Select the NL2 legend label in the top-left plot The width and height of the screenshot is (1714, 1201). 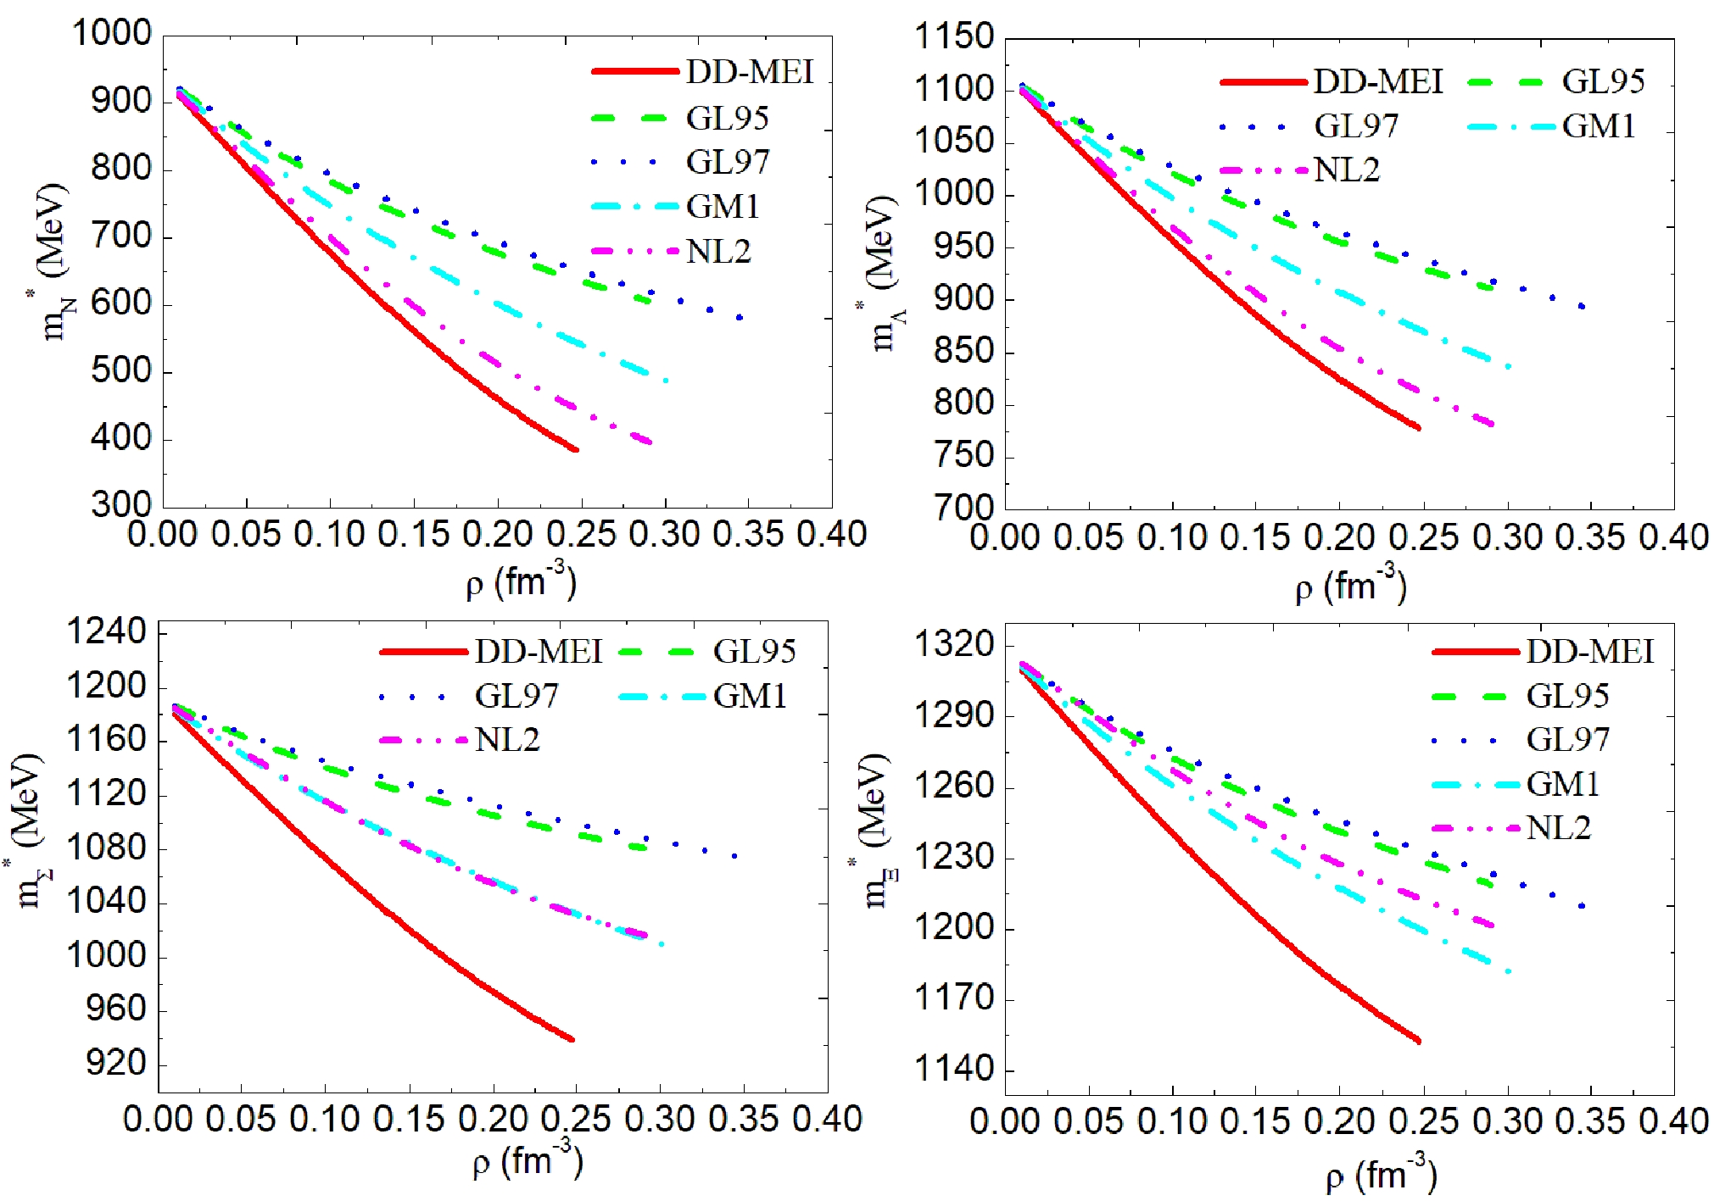click(x=718, y=251)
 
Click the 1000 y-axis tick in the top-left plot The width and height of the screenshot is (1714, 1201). click(x=111, y=34)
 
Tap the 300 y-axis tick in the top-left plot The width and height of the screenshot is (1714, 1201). click(x=120, y=505)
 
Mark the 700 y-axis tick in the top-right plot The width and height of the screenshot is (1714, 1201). click(x=963, y=509)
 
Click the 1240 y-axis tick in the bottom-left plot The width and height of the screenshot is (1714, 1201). click(x=107, y=632)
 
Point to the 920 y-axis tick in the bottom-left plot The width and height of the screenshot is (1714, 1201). click(x=116, y=1063)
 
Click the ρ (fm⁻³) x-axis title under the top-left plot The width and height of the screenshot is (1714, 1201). click(x=521, y=582)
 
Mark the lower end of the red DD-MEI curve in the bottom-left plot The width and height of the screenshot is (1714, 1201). click(x=572, y=1039)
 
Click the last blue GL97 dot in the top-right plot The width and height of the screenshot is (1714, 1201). click(x=1582, y=306)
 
